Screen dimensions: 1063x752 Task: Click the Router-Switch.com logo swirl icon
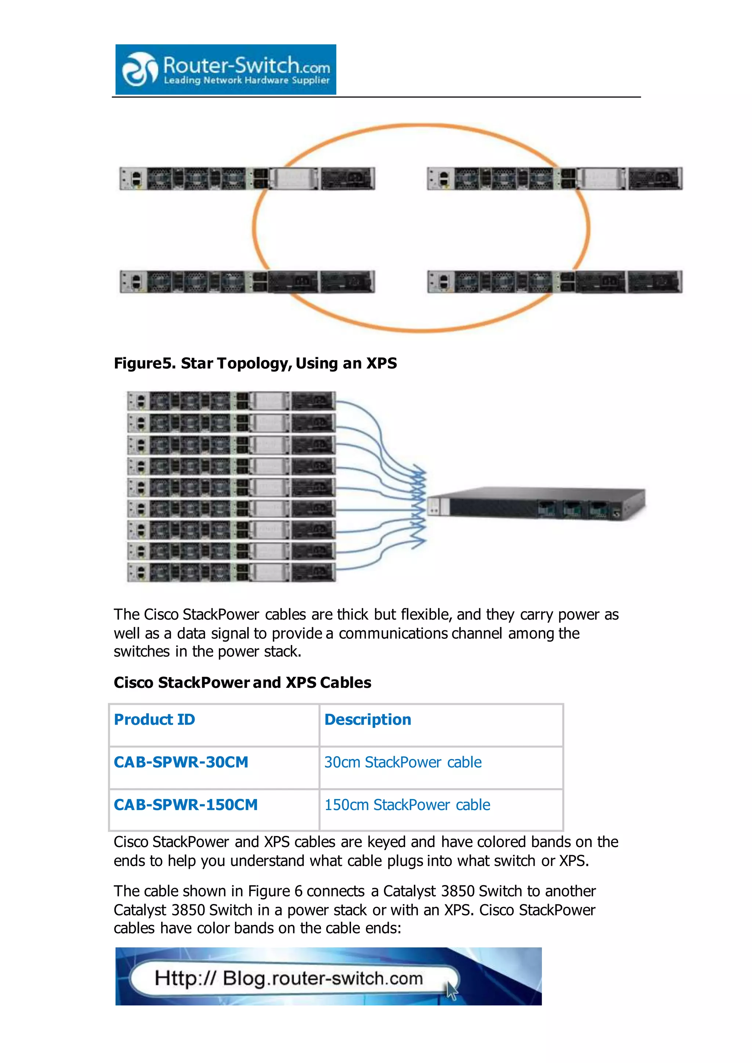(139, 69)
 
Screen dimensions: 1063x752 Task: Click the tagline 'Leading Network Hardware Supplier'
(246, 80)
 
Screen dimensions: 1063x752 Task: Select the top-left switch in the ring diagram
(247, 178)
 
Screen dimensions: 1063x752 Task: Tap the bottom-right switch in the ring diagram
(554, 282)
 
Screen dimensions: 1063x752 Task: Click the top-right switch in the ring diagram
(554, 178)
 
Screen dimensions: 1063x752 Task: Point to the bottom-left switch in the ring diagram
(247, 282)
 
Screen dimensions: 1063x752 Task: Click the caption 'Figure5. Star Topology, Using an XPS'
(255, 363)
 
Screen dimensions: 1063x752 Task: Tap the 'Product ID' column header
(155, 719)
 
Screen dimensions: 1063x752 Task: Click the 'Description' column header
(368, 719)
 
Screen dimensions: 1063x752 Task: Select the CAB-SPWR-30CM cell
(181, 762)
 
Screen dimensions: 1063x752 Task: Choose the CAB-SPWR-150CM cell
(186, 805)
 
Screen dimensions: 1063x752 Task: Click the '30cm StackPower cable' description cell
(403, 762)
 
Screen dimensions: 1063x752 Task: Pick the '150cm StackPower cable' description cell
(407, 805)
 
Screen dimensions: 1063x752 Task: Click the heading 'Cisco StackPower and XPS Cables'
(242, 682)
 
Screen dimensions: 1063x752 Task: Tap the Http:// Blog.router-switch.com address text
(289, 978)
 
